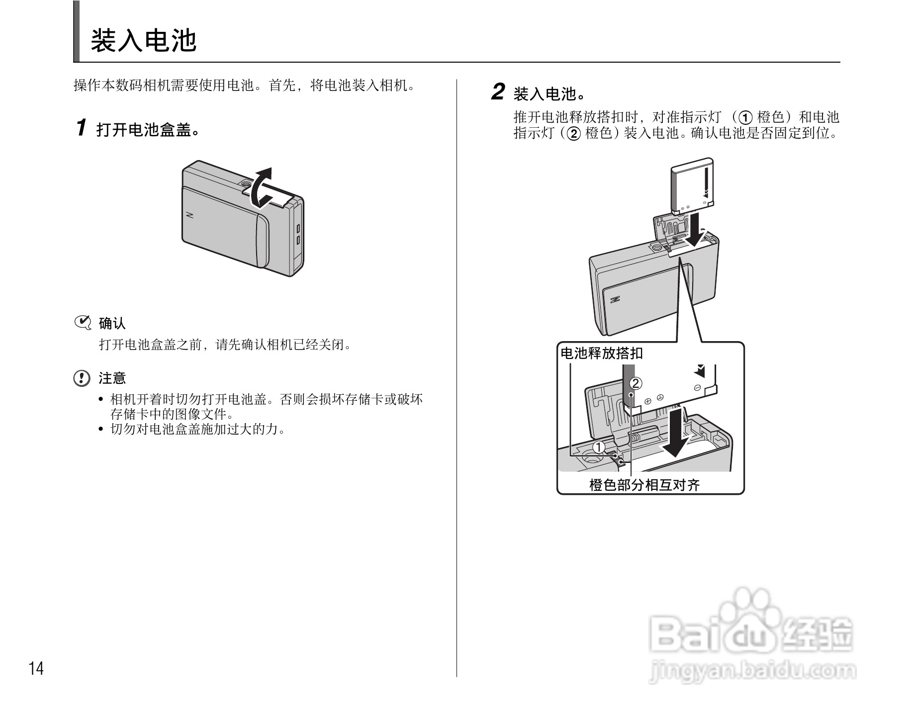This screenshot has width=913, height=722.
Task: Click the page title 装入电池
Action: (x=143, y=40)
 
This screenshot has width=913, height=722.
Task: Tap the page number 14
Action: (x=36, y=669)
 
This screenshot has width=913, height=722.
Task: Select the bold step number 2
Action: (x=497, y=92)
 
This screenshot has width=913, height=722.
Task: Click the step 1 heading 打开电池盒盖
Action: (x=147, y=130)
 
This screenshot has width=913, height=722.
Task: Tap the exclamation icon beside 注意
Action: (x=81, y=378)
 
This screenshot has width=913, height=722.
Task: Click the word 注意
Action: (x=112, y=378)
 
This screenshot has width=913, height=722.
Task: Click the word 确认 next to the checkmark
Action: (x=112, y=324)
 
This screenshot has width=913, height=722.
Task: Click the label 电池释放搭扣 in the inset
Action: (x=601, y=354)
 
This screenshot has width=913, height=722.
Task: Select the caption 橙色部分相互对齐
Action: (x=644, y=485)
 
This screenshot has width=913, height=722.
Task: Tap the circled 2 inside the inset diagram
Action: (x=636, y=383)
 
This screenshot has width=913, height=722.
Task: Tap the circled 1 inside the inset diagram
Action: (x=599, y=447)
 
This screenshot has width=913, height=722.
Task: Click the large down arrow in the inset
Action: (x=675, y=433)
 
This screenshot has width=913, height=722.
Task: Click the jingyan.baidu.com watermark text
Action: (x=753, y=672)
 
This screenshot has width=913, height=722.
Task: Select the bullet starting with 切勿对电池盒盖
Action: (x=198, y=429)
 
